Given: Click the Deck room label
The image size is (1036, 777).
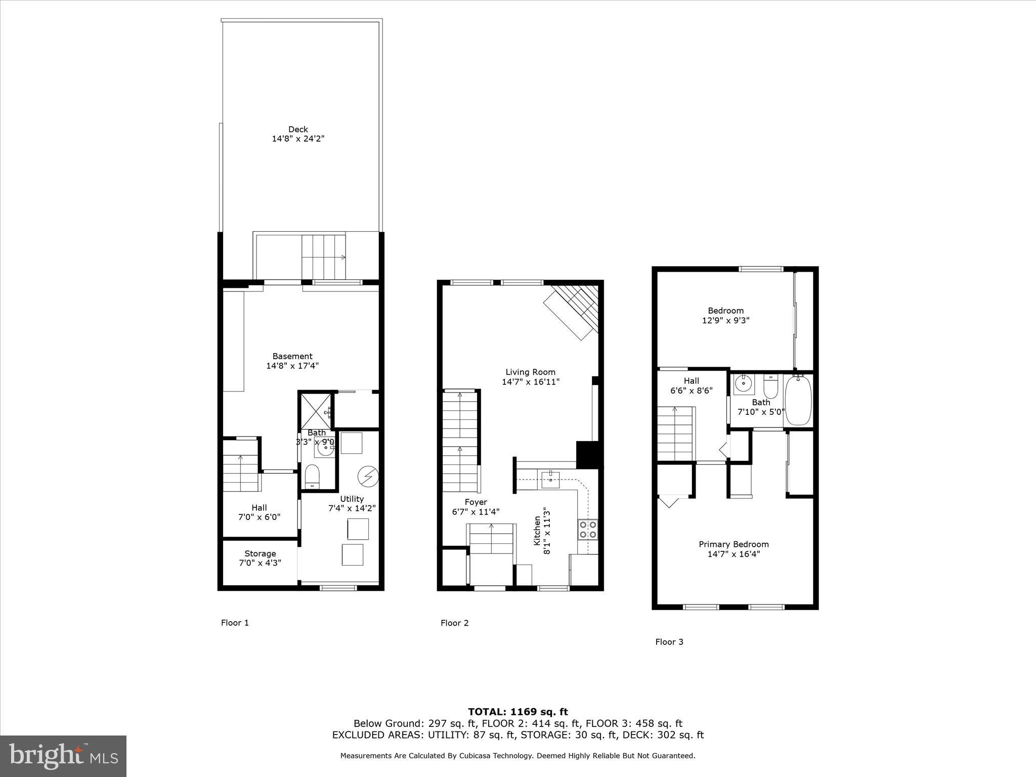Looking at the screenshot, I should pyautogui.click(x=298, y=129).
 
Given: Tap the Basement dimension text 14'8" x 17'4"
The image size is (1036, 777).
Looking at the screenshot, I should pyautogui.click(x=292, y=366).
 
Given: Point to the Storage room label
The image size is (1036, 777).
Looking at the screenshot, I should pyautogui.click(x=260, y=553).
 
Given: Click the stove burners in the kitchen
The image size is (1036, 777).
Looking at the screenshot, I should pyautogui.click(x=588, y=529).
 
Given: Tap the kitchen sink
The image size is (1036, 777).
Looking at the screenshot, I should pyautogui.click(x=550, y=479).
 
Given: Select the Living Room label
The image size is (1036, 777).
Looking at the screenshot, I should pyautogui.click(x=530, y=372).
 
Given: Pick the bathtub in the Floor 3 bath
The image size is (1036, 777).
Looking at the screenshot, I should pyautogui.click(x=798, y=400).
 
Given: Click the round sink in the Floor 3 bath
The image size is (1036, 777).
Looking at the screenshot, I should pyautogui.click(x=743, y=384).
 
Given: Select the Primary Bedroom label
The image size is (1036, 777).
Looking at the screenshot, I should pyautogui.click(x=733, y=544).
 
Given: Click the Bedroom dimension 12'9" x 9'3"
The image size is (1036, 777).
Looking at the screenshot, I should pyautogui.click(x=725, y=320).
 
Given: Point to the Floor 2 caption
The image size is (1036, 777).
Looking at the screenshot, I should pyautogui.click(x=454, y=623).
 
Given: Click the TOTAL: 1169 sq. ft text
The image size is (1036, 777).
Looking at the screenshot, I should pyautogui.click(x=517, y=712).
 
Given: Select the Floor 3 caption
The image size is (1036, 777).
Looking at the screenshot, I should pyautogui.click(x=669, y=642).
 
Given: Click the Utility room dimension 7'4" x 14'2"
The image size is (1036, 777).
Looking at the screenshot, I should pyautogui.click(x=352, y=508).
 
